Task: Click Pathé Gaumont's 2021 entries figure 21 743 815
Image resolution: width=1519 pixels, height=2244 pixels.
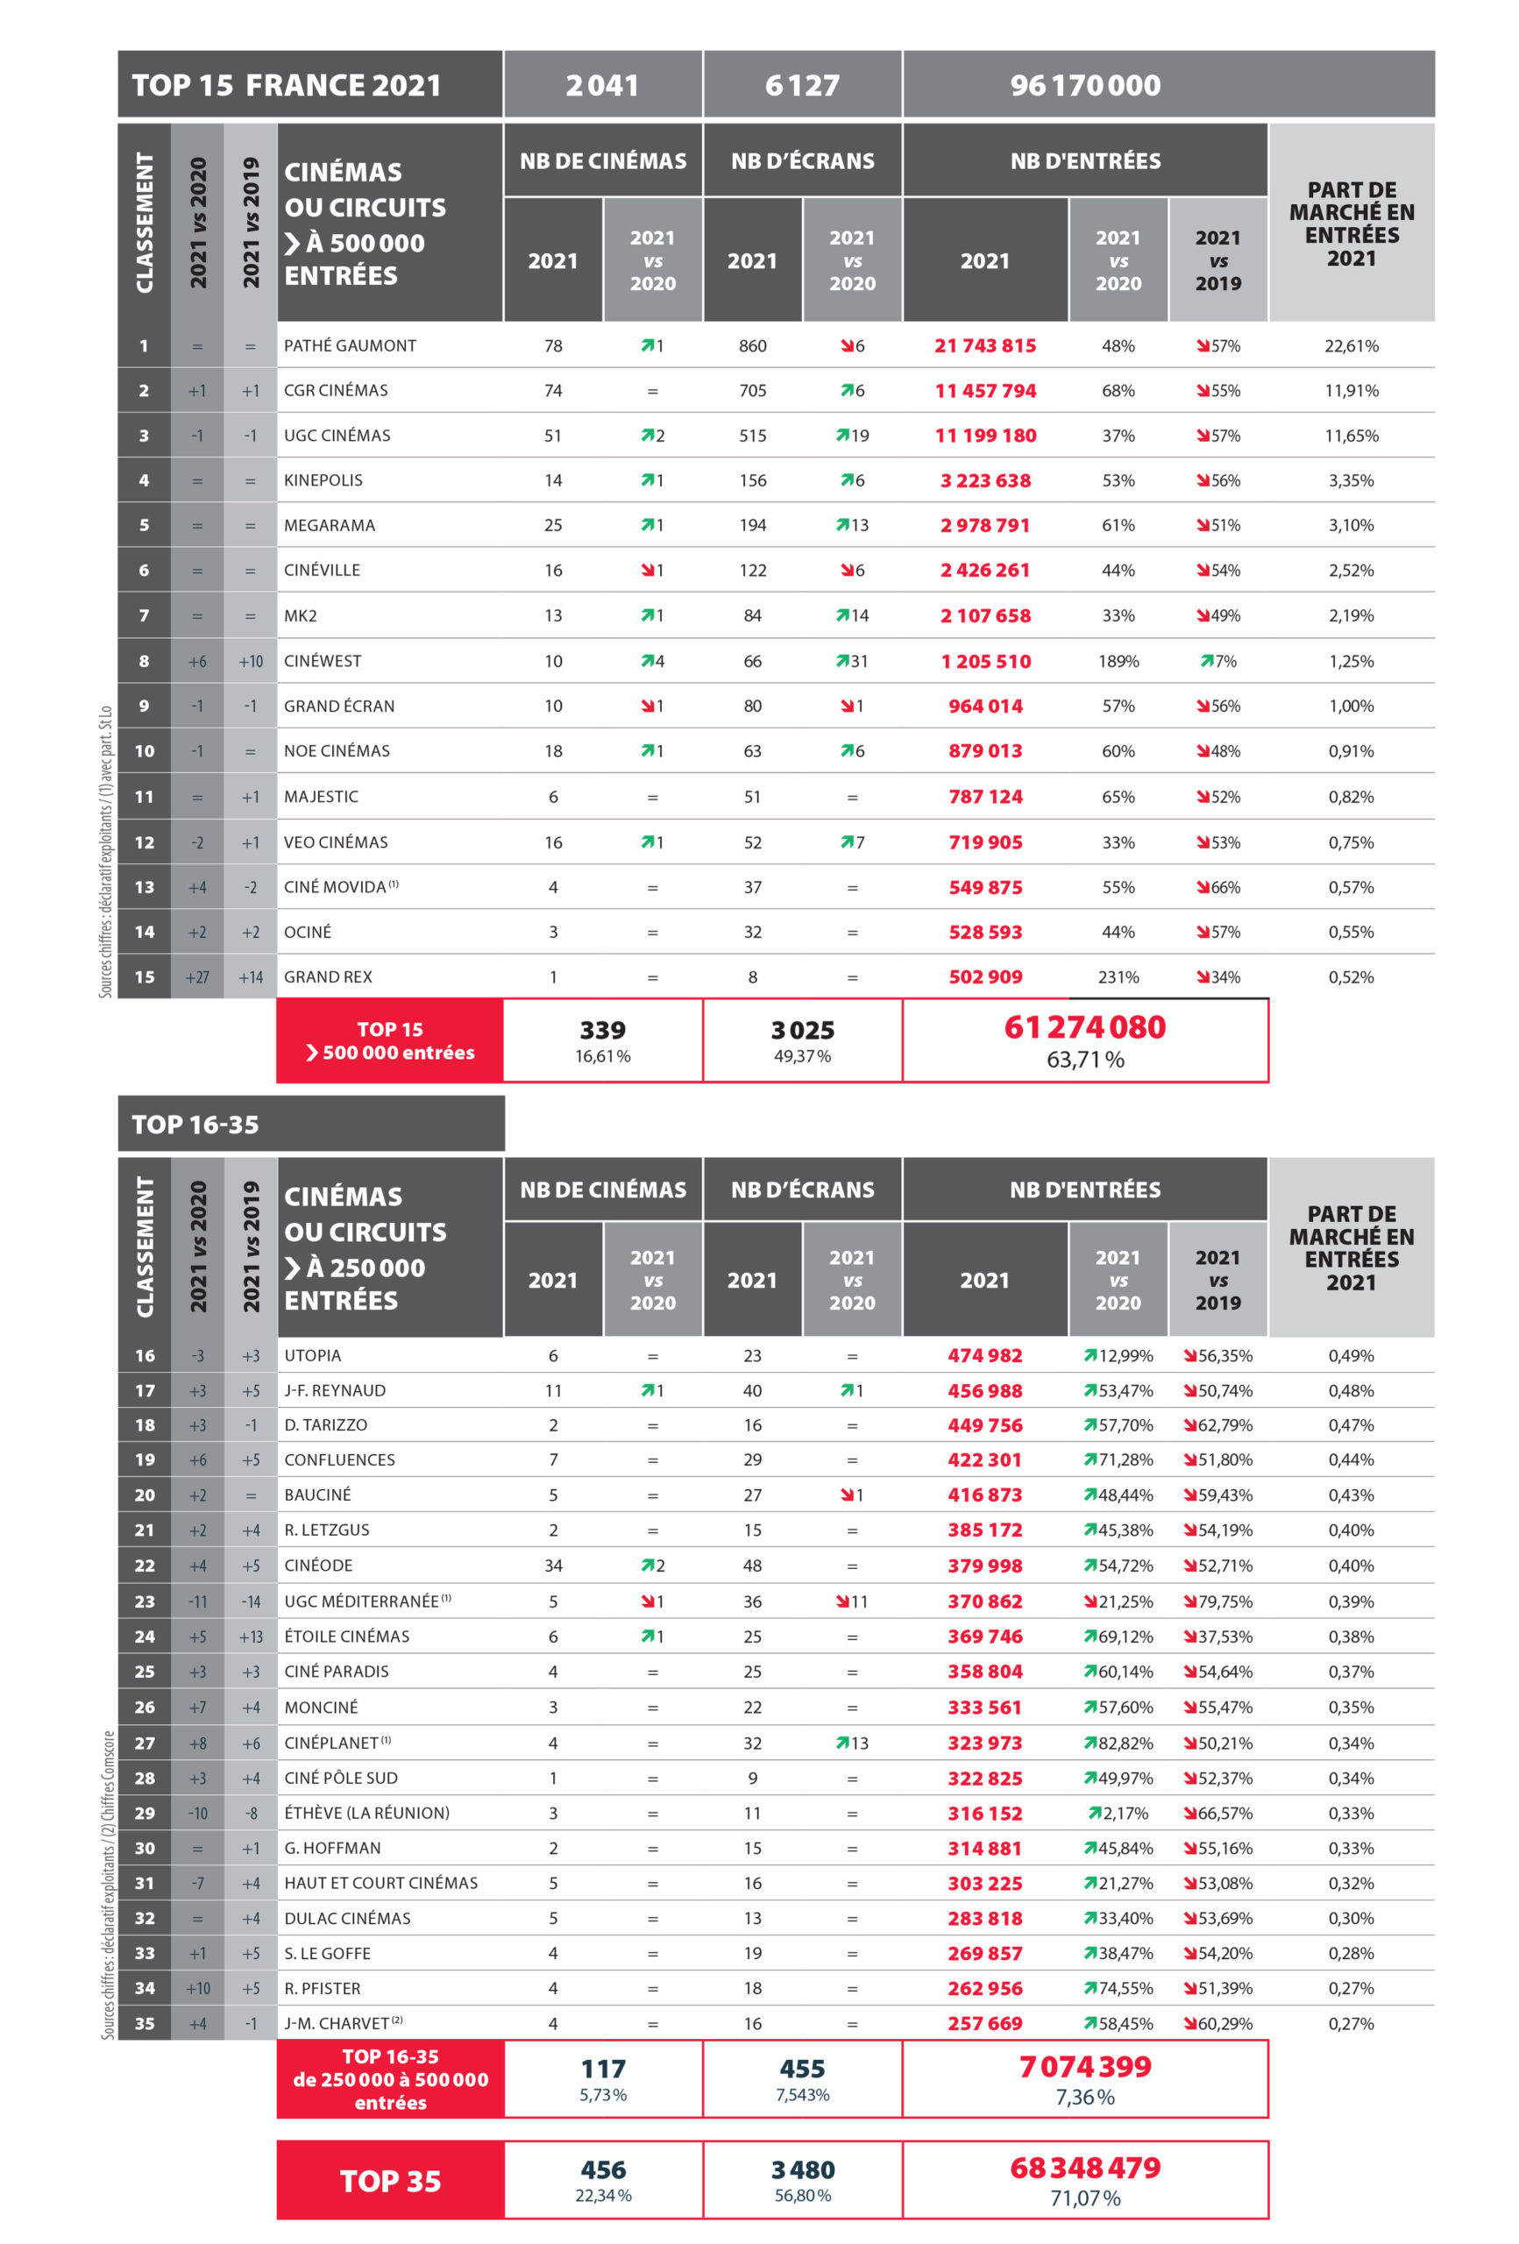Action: [x=984, y=345]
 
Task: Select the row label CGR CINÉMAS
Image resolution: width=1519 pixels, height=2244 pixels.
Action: [x=335, y=390]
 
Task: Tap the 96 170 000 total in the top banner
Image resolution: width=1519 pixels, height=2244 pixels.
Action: [x=1084, y=85]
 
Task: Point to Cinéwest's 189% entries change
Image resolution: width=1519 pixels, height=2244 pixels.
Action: [x=1118, y=662]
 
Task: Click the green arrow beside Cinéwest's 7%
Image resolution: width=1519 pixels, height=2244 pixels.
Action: [x=1206, y=662]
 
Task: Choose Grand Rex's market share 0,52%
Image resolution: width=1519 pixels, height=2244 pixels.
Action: [x=1350, y=977]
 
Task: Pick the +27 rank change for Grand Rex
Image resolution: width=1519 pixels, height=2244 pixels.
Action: [x=197, y=977]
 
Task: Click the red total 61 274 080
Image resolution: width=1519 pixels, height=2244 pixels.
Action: [x=1084, y=1027]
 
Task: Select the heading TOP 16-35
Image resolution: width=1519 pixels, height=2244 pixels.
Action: [x=195, y=1125]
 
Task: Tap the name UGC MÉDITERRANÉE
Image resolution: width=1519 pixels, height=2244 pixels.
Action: [x=361, y=1601]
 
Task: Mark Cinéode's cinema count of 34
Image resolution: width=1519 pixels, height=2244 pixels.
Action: [x=552, y=1566]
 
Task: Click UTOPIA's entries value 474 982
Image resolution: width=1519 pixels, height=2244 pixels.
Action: [x=984, y=1356]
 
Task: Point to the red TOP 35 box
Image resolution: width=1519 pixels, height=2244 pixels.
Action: [x=390, y=2181]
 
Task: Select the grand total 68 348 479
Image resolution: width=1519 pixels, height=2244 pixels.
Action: [x=1084, y=2169]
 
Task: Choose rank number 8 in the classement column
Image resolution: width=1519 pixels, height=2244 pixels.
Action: [x=144, y=662]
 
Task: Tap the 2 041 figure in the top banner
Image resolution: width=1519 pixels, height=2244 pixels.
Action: [x=601, y=85]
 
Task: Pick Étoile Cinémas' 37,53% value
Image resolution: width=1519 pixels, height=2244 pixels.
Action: [x=1224, y=1637]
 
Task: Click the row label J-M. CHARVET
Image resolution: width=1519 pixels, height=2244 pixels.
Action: [x=336, y=2024]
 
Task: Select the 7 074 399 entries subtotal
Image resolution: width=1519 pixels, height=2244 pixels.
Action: [x=1084, y=2067]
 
